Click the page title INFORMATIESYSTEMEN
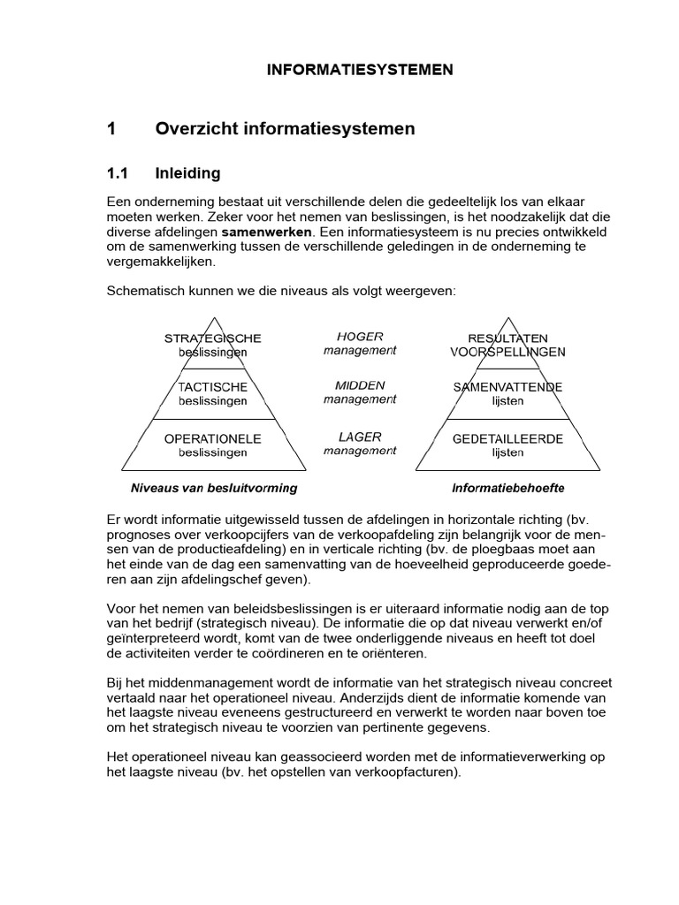coord(360,70)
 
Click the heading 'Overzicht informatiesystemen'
coord(285,129)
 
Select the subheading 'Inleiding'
coord(187,173)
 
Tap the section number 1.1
coord(118,173)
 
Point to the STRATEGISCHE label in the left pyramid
coord(213,338)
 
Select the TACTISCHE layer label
coord(212,387)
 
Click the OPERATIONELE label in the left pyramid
coord(212,438)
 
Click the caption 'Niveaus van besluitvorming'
coord(214,488)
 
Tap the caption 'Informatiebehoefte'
coord(507,488)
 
